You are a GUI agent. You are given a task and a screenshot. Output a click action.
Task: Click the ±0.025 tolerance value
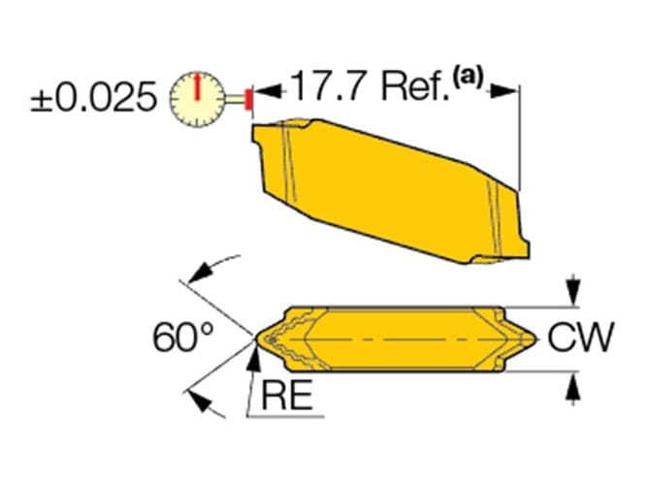(94, 97)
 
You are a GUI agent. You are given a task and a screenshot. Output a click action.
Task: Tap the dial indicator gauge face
(198, 99)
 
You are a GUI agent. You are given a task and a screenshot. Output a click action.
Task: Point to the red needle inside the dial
(198, 86)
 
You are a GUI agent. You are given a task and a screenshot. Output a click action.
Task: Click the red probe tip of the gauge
(248, 99)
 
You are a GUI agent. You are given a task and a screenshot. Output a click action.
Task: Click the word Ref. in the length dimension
(415, 86)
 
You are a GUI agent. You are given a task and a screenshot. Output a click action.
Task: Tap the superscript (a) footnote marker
(468, 78)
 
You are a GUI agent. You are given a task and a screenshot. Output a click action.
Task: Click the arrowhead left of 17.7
(268, 91)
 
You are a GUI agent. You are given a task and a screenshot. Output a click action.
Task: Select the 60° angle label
(183, 338)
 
